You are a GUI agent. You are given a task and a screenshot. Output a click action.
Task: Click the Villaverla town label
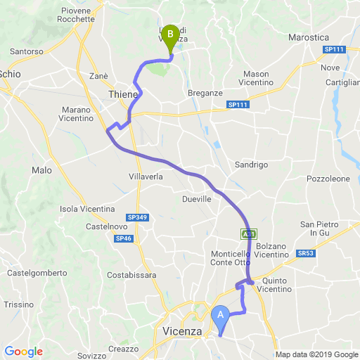[x=146, y=176]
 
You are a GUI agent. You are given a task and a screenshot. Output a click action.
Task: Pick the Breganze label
[x=205, y=93]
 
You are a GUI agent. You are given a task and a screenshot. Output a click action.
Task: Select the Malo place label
[x=41, y=170]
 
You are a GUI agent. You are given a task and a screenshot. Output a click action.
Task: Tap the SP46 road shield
[x=123, y=239]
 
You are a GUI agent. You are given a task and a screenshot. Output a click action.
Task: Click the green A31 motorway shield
[x=248, y=233]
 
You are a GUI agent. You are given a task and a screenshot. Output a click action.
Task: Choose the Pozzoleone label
[x=328, y=179]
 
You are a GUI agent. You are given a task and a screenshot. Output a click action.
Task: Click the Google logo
[x=23, y=352]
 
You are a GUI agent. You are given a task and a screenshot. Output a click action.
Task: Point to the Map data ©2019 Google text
[x=316, y=354]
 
